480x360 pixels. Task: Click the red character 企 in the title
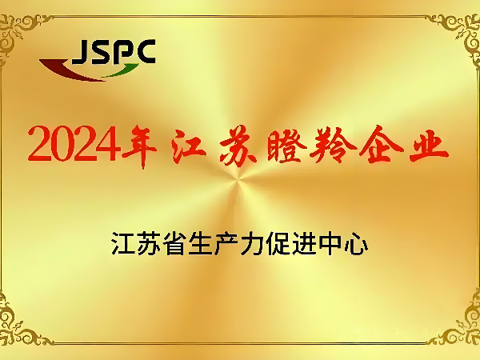379,142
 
